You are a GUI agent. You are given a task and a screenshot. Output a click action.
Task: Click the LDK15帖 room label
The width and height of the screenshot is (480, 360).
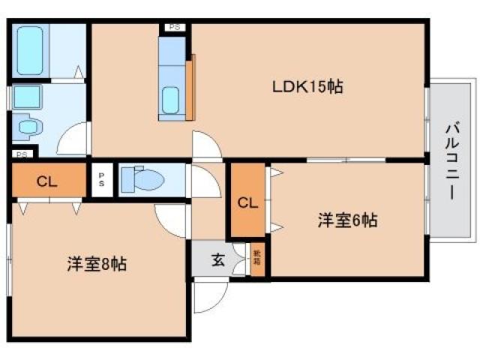307,87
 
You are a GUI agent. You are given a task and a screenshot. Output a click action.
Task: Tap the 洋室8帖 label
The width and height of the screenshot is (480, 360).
96,264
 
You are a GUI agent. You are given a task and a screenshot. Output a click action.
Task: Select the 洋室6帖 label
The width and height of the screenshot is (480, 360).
346,220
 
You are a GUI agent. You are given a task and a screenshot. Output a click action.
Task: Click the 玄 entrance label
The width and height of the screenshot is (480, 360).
217,260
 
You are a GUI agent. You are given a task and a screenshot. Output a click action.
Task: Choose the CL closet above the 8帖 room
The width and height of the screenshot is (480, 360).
46,181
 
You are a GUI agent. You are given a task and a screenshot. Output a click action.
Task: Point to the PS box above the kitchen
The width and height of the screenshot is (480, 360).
174,28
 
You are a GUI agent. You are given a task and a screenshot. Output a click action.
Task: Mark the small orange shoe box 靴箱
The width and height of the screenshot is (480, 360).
257,260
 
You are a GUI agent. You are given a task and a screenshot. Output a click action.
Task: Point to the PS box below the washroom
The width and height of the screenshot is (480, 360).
22,154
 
